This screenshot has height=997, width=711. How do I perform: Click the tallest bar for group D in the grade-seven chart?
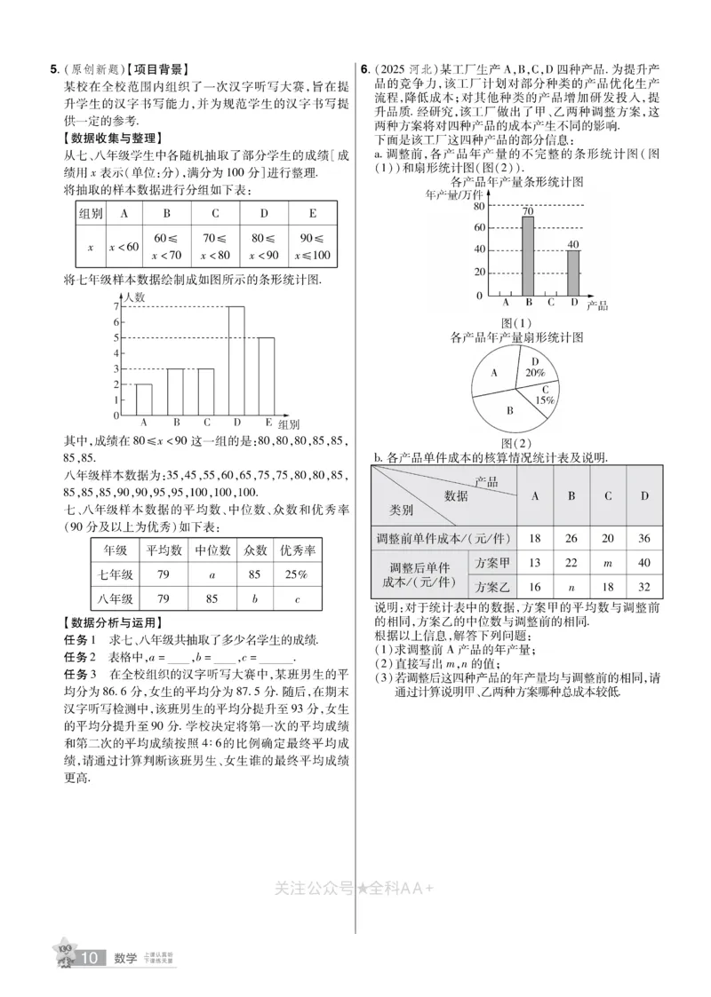pos(236,360)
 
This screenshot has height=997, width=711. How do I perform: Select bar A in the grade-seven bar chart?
pos(143,400)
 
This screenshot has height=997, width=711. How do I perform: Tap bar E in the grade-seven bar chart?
pos(267,376)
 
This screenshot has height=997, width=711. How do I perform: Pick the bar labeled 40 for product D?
pos(573,273)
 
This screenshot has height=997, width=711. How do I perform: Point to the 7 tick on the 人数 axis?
pos(116,306)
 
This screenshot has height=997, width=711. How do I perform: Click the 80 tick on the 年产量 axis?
pos(478,205)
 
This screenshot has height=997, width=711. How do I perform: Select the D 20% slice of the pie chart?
pos(535,368)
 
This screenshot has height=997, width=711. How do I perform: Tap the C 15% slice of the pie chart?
pos(543,394)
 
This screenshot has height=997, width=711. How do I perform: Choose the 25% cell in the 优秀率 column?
pos(296,574)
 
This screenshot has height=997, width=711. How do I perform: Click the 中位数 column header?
pos(212,550)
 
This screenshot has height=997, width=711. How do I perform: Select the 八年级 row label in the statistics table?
pos(116,598)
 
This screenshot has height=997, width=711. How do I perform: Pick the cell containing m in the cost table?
pos(608,563)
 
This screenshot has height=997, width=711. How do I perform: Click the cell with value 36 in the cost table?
pos(645,538)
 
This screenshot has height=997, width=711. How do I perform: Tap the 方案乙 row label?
pos(491,587)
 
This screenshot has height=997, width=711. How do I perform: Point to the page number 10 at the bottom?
pos(90,958)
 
